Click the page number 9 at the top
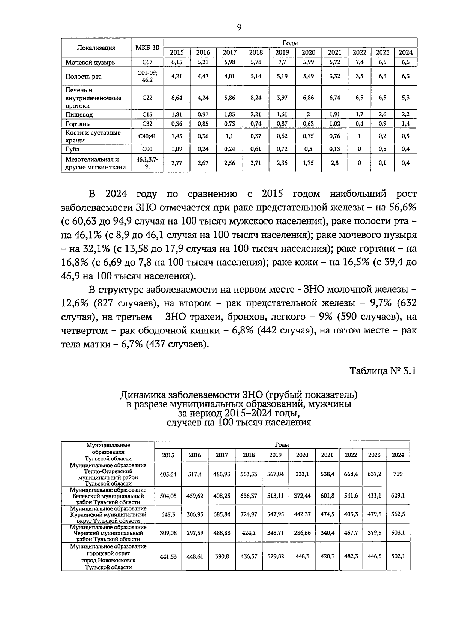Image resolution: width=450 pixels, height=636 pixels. pos(239,27)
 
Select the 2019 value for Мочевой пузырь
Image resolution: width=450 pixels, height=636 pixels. pos(282,62)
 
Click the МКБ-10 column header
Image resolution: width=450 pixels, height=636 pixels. pos(147,48)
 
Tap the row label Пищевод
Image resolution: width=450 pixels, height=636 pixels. pos(79,115)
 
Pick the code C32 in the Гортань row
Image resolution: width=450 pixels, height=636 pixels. pos(147,124)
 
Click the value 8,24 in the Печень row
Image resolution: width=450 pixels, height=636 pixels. pos(256,97)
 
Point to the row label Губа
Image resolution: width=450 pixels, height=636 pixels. pos(72,149)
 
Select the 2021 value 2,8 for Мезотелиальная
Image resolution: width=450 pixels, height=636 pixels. pos(334,163)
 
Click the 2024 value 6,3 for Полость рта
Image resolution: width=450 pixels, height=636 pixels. pos(405,76)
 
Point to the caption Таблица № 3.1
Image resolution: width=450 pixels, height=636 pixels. pos(383,371)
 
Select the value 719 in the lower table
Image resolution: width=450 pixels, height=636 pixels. pos(398,474)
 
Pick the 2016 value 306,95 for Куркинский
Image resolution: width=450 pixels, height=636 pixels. pos(195,514)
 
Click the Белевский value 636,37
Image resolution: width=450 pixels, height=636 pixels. pos(249,496)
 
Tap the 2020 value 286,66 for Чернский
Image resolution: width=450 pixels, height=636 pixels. pos(302,533)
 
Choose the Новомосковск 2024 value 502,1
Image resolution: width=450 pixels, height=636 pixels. pos(398,556)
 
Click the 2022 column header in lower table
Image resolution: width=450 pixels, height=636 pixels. pos(351,455)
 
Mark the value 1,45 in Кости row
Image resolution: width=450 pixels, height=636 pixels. pos(176,136)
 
